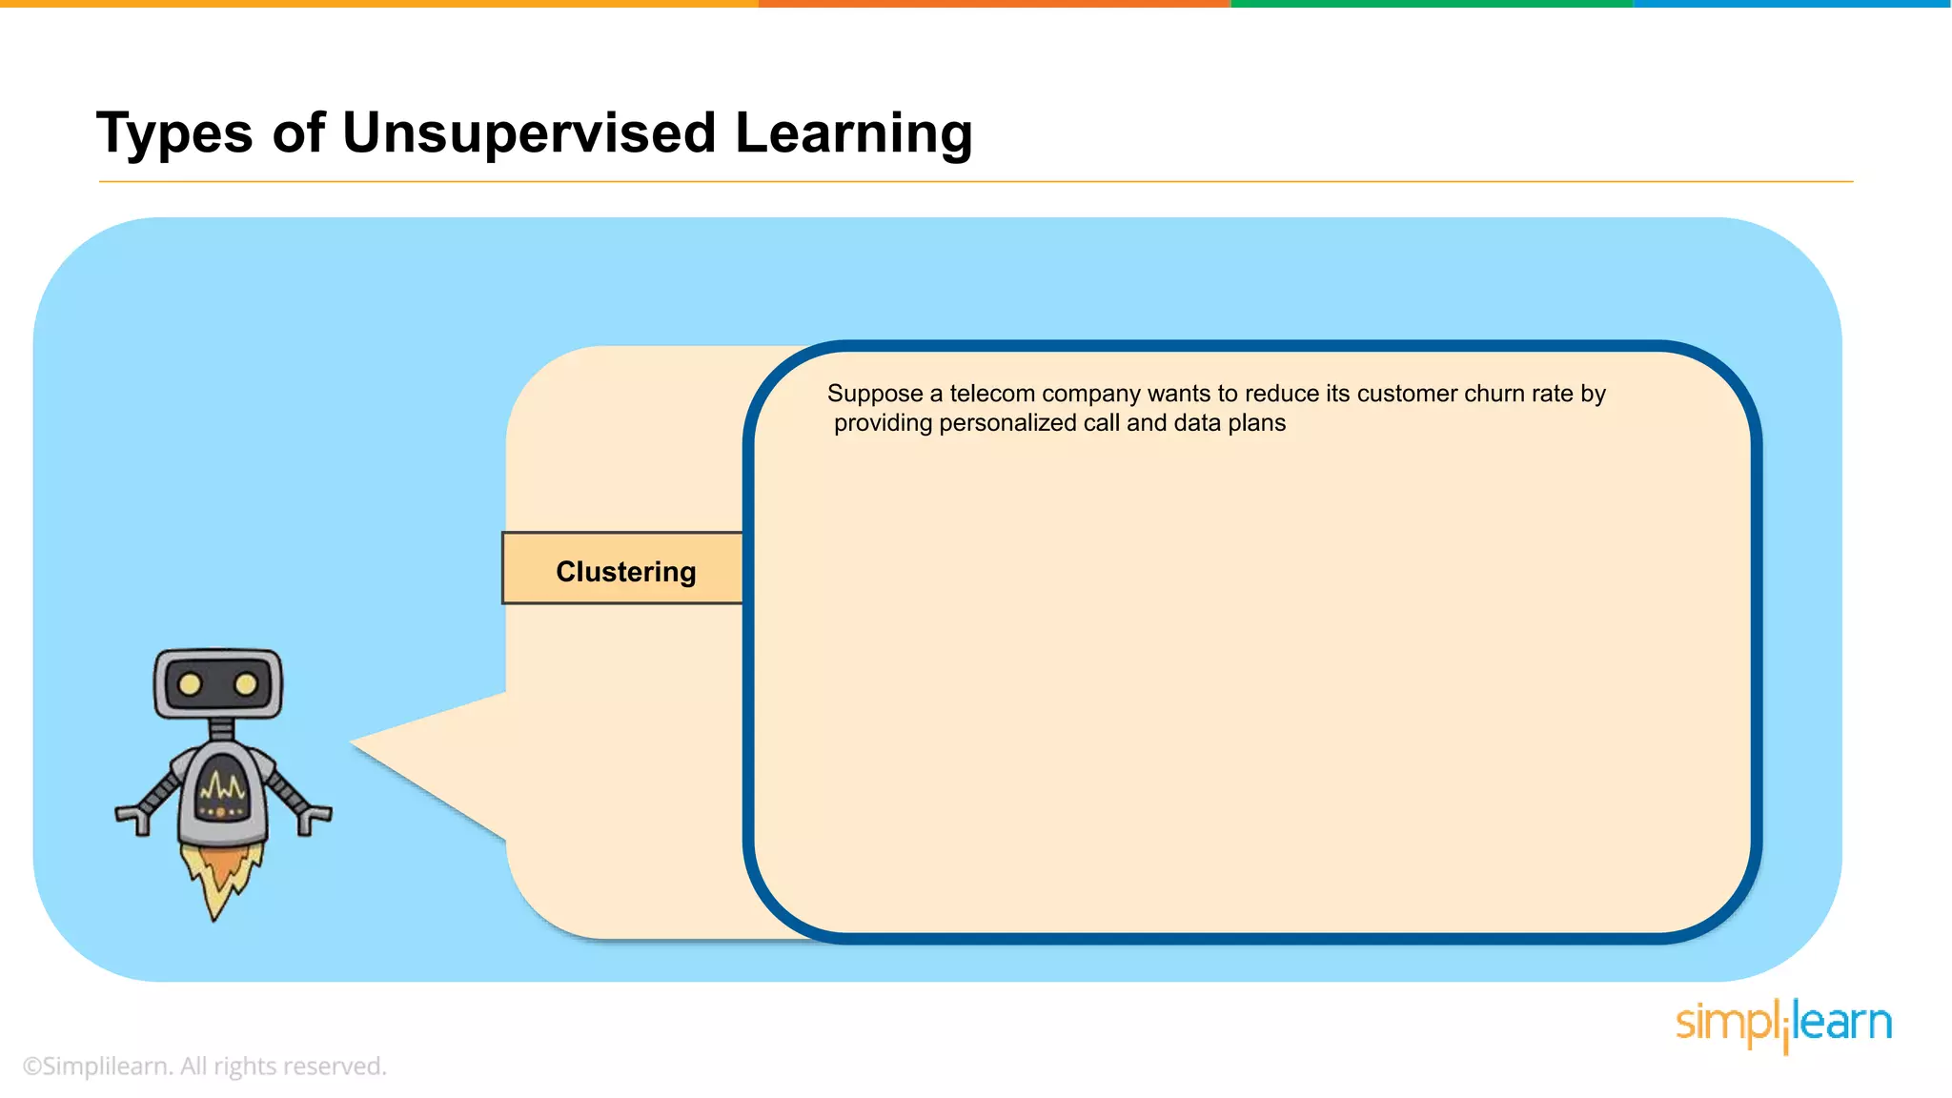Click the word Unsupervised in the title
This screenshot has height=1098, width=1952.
528,132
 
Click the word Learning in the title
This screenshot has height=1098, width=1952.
853,132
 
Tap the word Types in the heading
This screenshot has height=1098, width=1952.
174,132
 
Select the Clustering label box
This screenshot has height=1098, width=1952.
623,569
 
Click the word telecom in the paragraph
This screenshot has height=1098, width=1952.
991,394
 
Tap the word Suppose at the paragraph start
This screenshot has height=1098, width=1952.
874,394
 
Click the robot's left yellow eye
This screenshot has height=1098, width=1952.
190,684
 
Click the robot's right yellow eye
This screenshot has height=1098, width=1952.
246,684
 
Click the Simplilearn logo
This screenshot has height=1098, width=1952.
1782,1025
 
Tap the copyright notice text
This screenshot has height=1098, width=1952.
204,1066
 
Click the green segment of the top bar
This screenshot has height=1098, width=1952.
1430,4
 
